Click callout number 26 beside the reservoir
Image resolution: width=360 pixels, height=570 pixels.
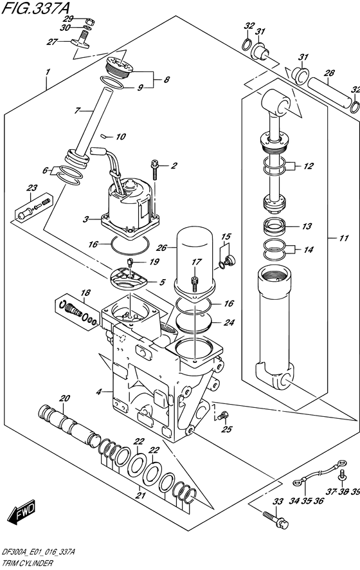(161, 246)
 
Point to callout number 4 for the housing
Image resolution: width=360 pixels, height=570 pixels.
(99, 392)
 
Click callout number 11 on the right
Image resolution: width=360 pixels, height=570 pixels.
(344, 238)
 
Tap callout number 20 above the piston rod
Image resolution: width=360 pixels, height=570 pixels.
(65, 397)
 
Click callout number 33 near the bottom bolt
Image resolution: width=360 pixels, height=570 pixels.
(278, 501)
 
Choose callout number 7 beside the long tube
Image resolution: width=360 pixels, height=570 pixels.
(77, 111)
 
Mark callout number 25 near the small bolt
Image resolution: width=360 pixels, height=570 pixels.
(226, 429)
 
